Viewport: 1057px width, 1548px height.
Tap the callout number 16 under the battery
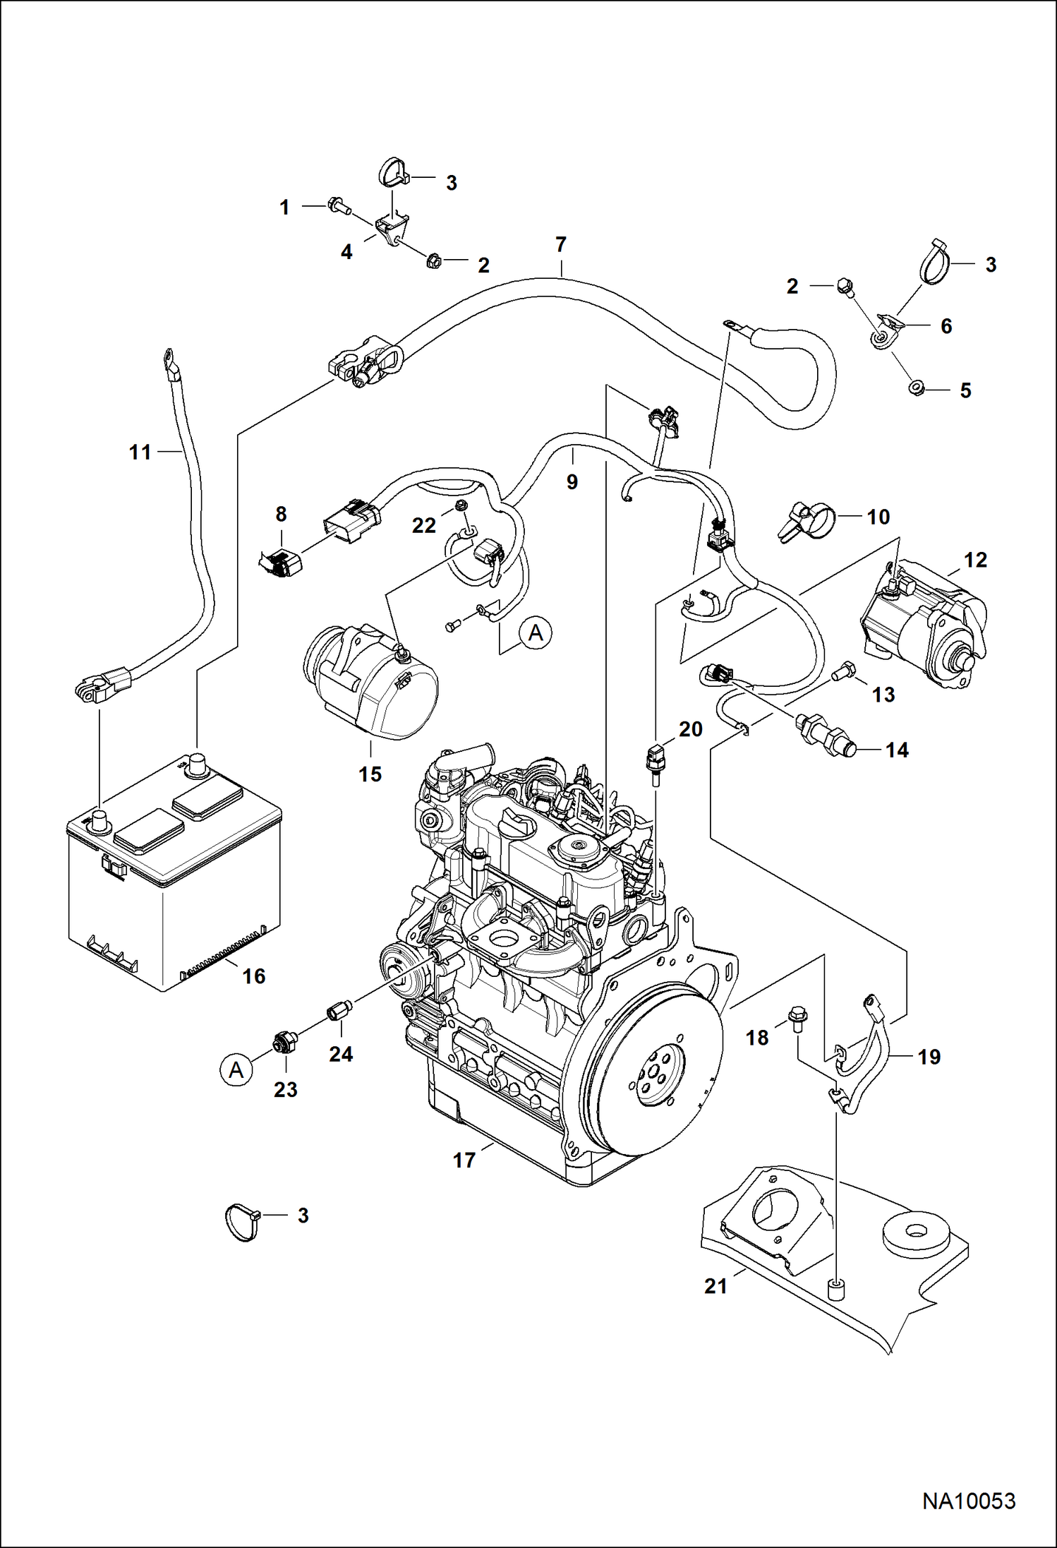254,976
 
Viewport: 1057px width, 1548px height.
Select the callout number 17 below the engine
464,1160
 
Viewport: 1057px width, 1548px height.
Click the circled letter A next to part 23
236,1070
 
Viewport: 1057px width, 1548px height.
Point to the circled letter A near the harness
536,632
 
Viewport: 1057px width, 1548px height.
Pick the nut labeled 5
917,387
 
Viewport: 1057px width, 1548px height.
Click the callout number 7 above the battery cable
560,245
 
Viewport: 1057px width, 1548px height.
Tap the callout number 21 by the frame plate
715,1286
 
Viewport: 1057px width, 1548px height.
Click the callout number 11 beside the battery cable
140,452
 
